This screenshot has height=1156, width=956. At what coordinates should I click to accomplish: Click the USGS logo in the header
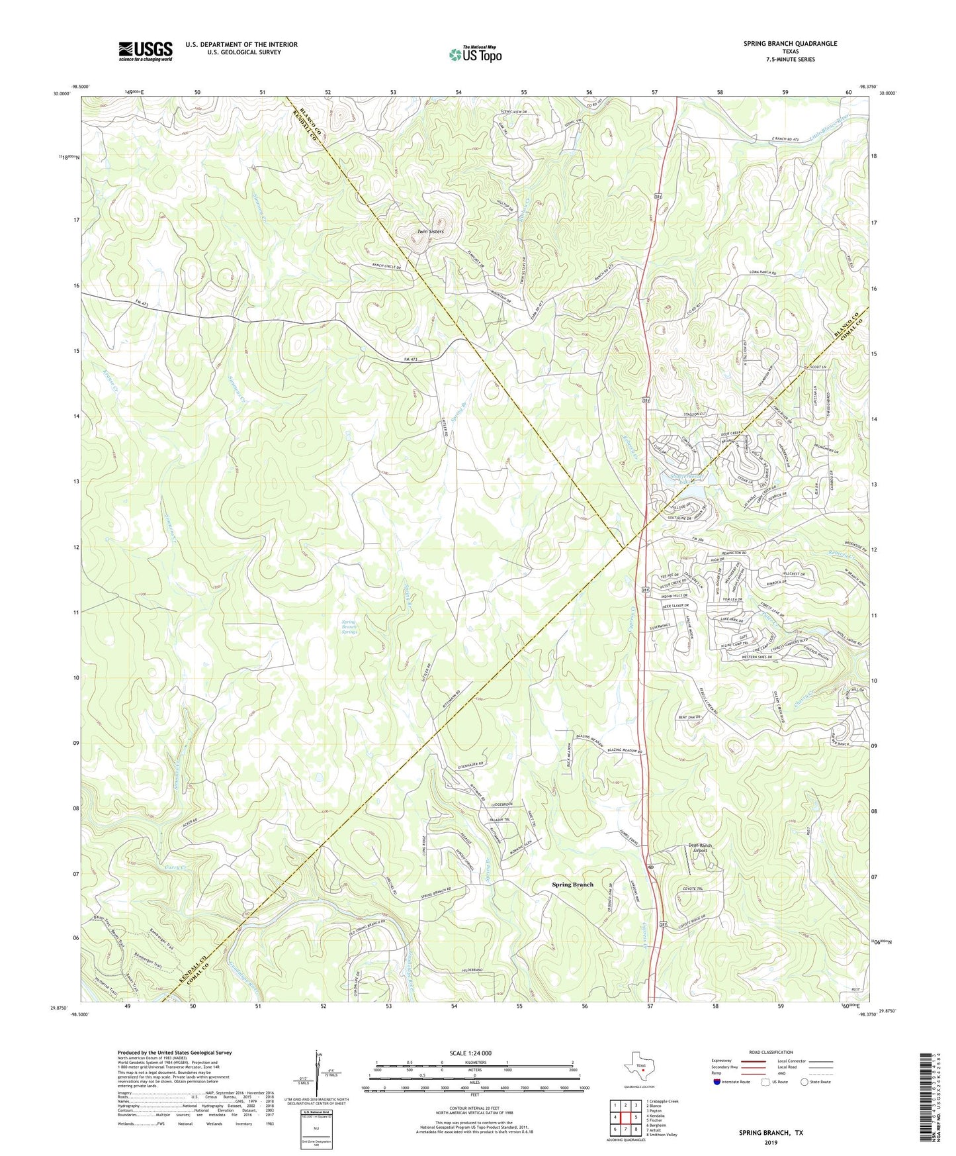tap(145, 50)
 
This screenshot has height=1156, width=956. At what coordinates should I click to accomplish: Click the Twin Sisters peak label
tap(430, 232)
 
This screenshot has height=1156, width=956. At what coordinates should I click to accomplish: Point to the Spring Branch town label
tap(573, 884)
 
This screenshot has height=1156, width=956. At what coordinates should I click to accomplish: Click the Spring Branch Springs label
tap(349, 627)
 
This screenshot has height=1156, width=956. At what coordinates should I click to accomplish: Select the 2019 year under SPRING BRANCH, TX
tap(771, 1142)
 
